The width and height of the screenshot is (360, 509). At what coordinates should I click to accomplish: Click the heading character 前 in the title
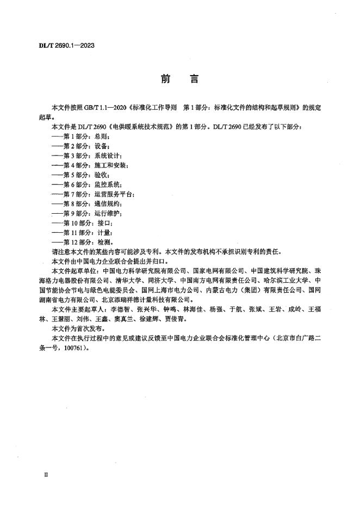click(165, 79)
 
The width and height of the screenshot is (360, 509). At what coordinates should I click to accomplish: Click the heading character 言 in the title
click(194, 79)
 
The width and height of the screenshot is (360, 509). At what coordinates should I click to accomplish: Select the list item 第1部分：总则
click(81, 136)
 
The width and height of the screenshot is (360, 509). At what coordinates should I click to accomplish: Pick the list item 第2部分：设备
click(81, 146)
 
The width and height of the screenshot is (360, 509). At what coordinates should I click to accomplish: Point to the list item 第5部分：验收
click(81, 175)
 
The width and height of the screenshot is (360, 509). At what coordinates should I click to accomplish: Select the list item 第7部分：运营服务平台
click(92, 194)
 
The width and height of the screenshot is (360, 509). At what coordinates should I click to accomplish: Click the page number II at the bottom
click(46, 474)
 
